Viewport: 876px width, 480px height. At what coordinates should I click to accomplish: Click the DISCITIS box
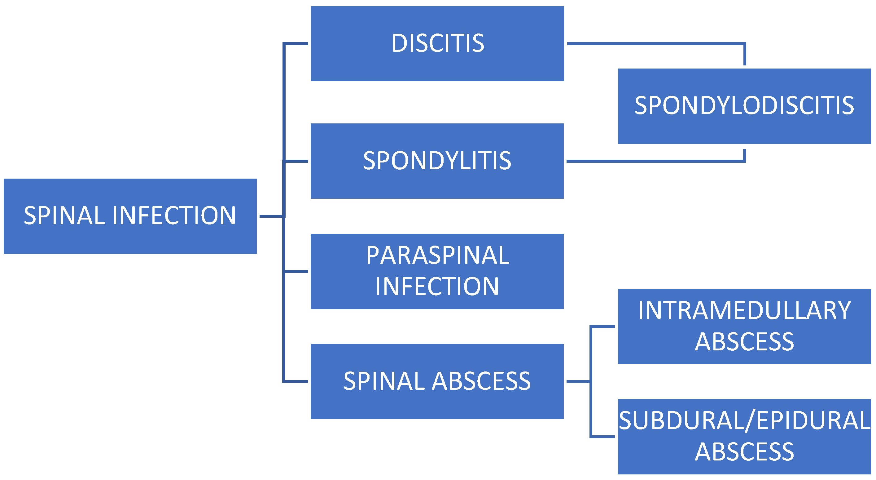point(437,44)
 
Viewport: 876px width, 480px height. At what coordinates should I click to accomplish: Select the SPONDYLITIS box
point(437,161)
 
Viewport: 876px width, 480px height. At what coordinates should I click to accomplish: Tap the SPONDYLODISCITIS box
point(744,106)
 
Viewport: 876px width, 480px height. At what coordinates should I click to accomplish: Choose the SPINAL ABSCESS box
point(437,381)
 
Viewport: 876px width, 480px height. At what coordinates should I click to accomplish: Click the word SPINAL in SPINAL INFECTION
point(65,216)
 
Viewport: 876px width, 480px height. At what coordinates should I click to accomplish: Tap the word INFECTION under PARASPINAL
point(437,287)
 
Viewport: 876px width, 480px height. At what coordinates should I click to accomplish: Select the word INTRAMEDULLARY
point(744,311)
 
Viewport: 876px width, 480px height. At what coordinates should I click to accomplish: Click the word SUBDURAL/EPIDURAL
point(744,421)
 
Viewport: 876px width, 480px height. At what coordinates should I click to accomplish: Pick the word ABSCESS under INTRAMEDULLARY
point(744,342)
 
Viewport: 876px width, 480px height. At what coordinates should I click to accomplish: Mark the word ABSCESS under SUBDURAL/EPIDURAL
point(744,452)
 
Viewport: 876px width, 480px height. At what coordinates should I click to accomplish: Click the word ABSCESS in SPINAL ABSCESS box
point(481,381)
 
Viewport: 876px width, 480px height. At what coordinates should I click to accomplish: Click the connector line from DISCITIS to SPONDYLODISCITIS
point(656,44)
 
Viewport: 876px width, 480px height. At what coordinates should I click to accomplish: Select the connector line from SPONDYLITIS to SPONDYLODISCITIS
point(656,161)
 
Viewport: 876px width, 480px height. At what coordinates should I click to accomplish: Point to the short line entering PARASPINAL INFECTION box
point(296,271)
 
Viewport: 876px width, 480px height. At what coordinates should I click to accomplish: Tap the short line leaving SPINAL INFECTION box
point(271,216)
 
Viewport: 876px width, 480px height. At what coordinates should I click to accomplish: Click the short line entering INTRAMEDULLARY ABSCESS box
point(602,327)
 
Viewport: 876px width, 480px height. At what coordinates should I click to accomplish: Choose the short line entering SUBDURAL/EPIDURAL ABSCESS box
point(602,436)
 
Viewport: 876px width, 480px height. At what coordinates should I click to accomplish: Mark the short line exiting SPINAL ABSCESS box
point(578,382)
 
